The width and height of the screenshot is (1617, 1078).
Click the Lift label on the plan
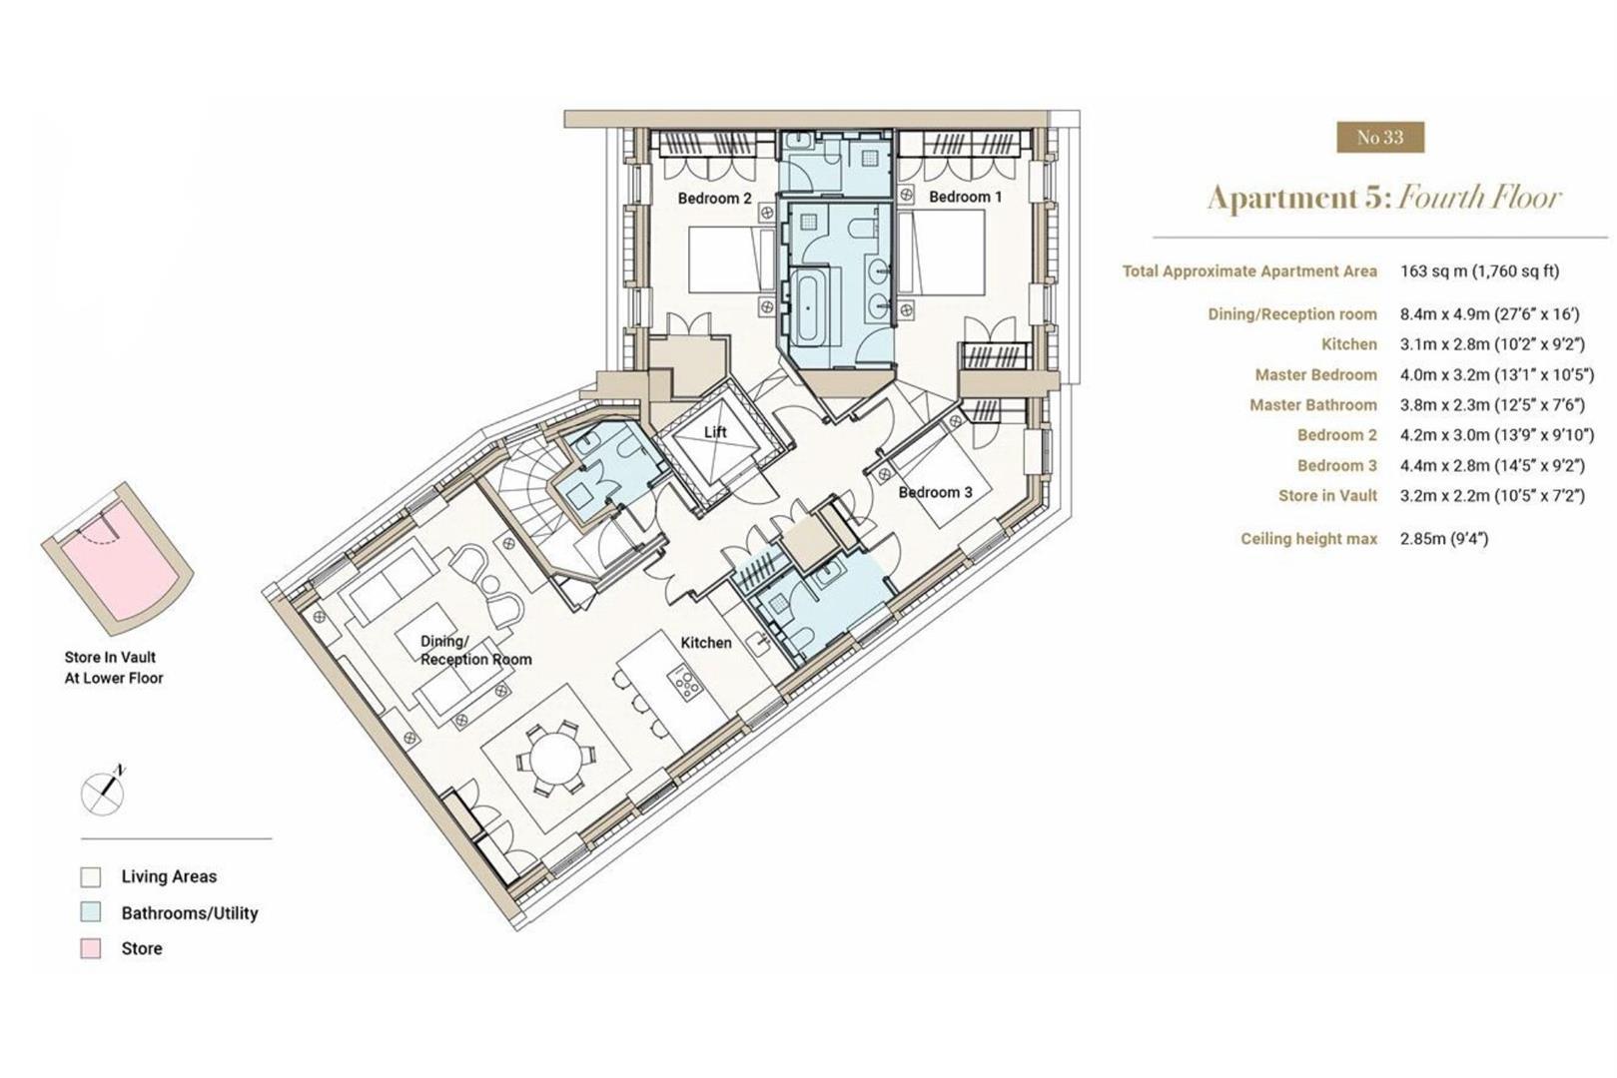(x=715, y=431)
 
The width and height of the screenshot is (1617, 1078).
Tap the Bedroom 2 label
(x=715, y=199)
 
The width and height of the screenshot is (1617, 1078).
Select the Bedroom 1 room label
(x=965, y=197)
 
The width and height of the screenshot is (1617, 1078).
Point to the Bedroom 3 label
(x=936, y=492)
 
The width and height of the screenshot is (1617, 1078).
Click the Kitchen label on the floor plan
(x=706, y=643)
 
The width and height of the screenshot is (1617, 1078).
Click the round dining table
(x=554, y=759)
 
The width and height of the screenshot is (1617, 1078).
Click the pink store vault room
(x=118, y=558)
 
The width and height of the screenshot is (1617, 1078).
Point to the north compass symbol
(x=103, y=792)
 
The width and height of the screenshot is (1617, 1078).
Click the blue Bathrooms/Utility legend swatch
(x=91, y=912)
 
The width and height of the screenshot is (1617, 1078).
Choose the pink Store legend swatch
(x=91, y=949)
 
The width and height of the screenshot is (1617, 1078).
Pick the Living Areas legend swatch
(x=91, y=876)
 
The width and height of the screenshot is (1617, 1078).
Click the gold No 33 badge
(x=1380, y=137)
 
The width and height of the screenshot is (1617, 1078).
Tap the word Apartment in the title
(x=1282, y=198)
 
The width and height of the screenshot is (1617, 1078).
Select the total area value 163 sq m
(x=1433, y=271)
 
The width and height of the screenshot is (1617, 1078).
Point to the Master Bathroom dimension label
(x=1313, y=405)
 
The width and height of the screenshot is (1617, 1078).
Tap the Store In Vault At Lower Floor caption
(x=114, y=668)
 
